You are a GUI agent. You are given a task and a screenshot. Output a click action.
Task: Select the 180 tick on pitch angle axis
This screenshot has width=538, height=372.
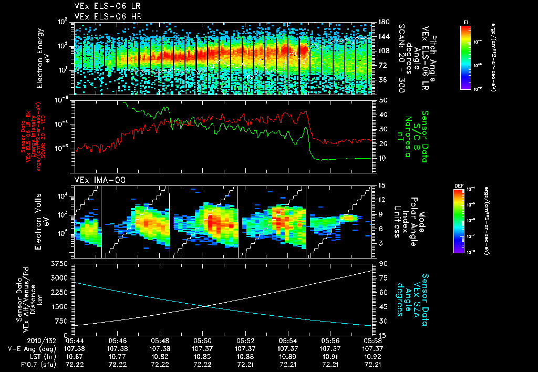click(x=382, y=22)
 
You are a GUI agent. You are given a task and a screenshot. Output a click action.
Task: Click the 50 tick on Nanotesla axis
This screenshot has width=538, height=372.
click(x=382, y=100)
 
